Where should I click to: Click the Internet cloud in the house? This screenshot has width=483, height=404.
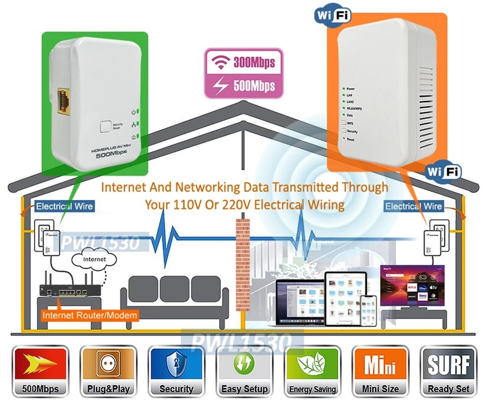tap(95, 260)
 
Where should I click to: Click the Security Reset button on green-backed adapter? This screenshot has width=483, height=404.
tap(105, 126)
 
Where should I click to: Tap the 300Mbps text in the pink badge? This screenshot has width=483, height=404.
tap(254, 62)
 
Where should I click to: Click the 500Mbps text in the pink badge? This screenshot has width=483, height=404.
tap(254, 85)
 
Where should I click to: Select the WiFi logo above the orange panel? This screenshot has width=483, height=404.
tap(332, 14)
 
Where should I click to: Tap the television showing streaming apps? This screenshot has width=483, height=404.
tap(413, 287)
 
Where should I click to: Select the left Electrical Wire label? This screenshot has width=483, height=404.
tap(64, 206)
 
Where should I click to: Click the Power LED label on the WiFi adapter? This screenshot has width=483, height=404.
tap(351, 89)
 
